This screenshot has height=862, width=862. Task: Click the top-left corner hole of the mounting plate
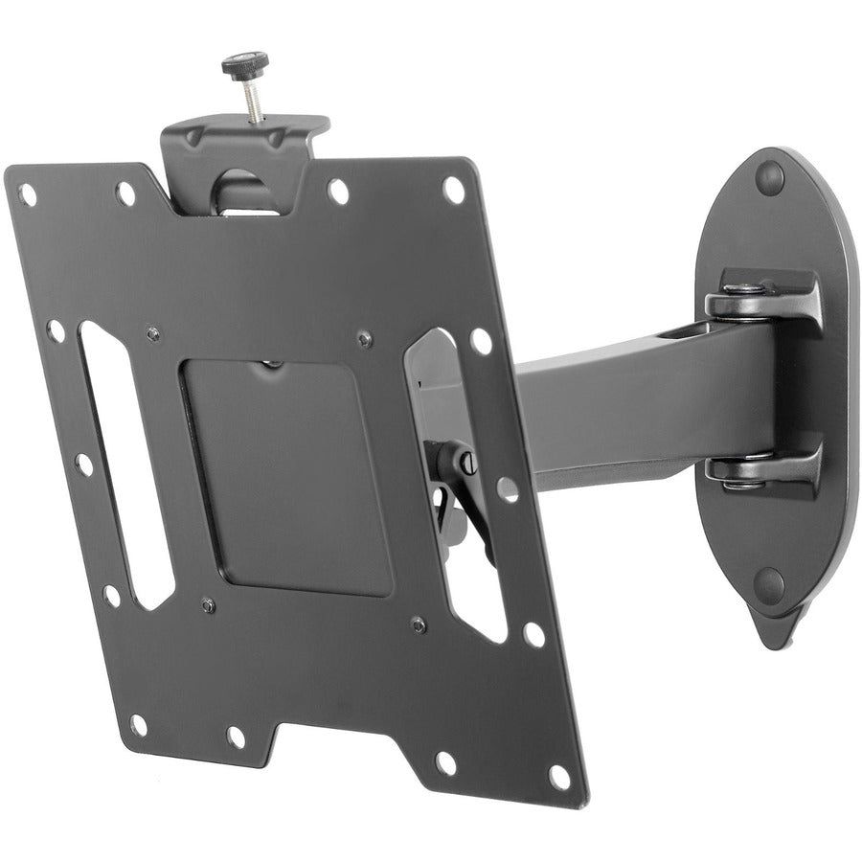click(28, 195)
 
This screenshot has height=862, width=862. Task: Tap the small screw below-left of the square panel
click(207, 604)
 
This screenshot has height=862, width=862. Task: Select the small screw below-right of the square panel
click(418, 624)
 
